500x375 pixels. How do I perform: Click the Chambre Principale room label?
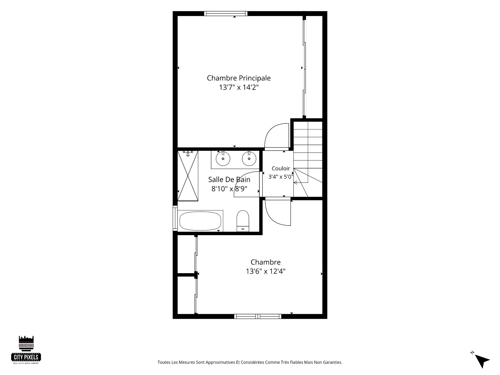pos(239,78)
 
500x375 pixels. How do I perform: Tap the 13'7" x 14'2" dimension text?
pos(239,87)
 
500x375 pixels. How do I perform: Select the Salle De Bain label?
pos(229,179)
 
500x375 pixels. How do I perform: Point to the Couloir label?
pos(281,168)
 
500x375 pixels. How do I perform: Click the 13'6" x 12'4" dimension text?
pos(266,271)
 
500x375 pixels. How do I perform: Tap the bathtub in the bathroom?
pos(200,221)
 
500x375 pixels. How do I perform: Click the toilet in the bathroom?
pos(243,221)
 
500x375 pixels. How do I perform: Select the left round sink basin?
pos(223,159)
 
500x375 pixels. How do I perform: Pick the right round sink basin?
pos(249,159)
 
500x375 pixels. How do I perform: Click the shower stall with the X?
pos(188,176)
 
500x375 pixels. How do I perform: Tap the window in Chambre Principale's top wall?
pos(226,14)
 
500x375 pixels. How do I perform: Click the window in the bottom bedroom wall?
pos(258,316)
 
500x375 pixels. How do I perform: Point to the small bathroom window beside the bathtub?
pos(175,218)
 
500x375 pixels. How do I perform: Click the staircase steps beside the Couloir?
pos(308,159)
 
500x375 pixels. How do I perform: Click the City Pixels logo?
pos(26,350)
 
